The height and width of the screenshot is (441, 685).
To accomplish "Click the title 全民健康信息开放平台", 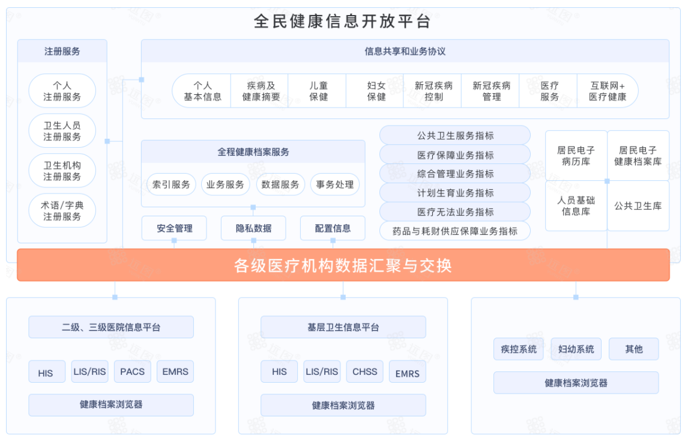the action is [342, 21].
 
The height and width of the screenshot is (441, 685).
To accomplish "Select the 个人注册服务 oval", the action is [62, 91].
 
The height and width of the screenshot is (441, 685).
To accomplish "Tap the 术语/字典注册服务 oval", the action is [62, 211].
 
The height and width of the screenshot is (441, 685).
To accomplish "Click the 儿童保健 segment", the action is [318, 91].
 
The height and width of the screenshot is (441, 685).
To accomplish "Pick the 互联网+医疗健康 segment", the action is [607, 91].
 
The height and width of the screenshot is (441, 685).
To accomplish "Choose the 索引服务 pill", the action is [171, 184].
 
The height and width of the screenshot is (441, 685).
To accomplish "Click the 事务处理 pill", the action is [335, 184].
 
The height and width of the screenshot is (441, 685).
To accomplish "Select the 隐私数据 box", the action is [253, 228].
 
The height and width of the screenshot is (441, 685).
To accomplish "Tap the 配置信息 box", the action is [333, 228].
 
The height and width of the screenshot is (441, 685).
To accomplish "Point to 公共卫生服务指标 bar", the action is [455, 136].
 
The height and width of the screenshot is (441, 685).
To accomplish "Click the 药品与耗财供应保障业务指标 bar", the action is [455, 231].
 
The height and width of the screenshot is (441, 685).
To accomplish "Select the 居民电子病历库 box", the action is [576, 156].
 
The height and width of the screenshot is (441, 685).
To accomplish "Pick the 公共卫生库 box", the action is [638, 206].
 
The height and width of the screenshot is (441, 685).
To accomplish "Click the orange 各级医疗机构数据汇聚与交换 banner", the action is [343, 266].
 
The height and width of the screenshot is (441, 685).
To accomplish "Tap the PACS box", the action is [132, 371].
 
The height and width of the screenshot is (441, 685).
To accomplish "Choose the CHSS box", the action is [365, 371].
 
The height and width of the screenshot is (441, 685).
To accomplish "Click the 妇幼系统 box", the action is [576, 349].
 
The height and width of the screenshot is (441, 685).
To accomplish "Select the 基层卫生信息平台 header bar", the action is [343, 327].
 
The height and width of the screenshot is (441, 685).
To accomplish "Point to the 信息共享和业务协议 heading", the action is [405, 51].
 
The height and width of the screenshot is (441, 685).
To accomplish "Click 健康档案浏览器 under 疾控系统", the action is [576, 383].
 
